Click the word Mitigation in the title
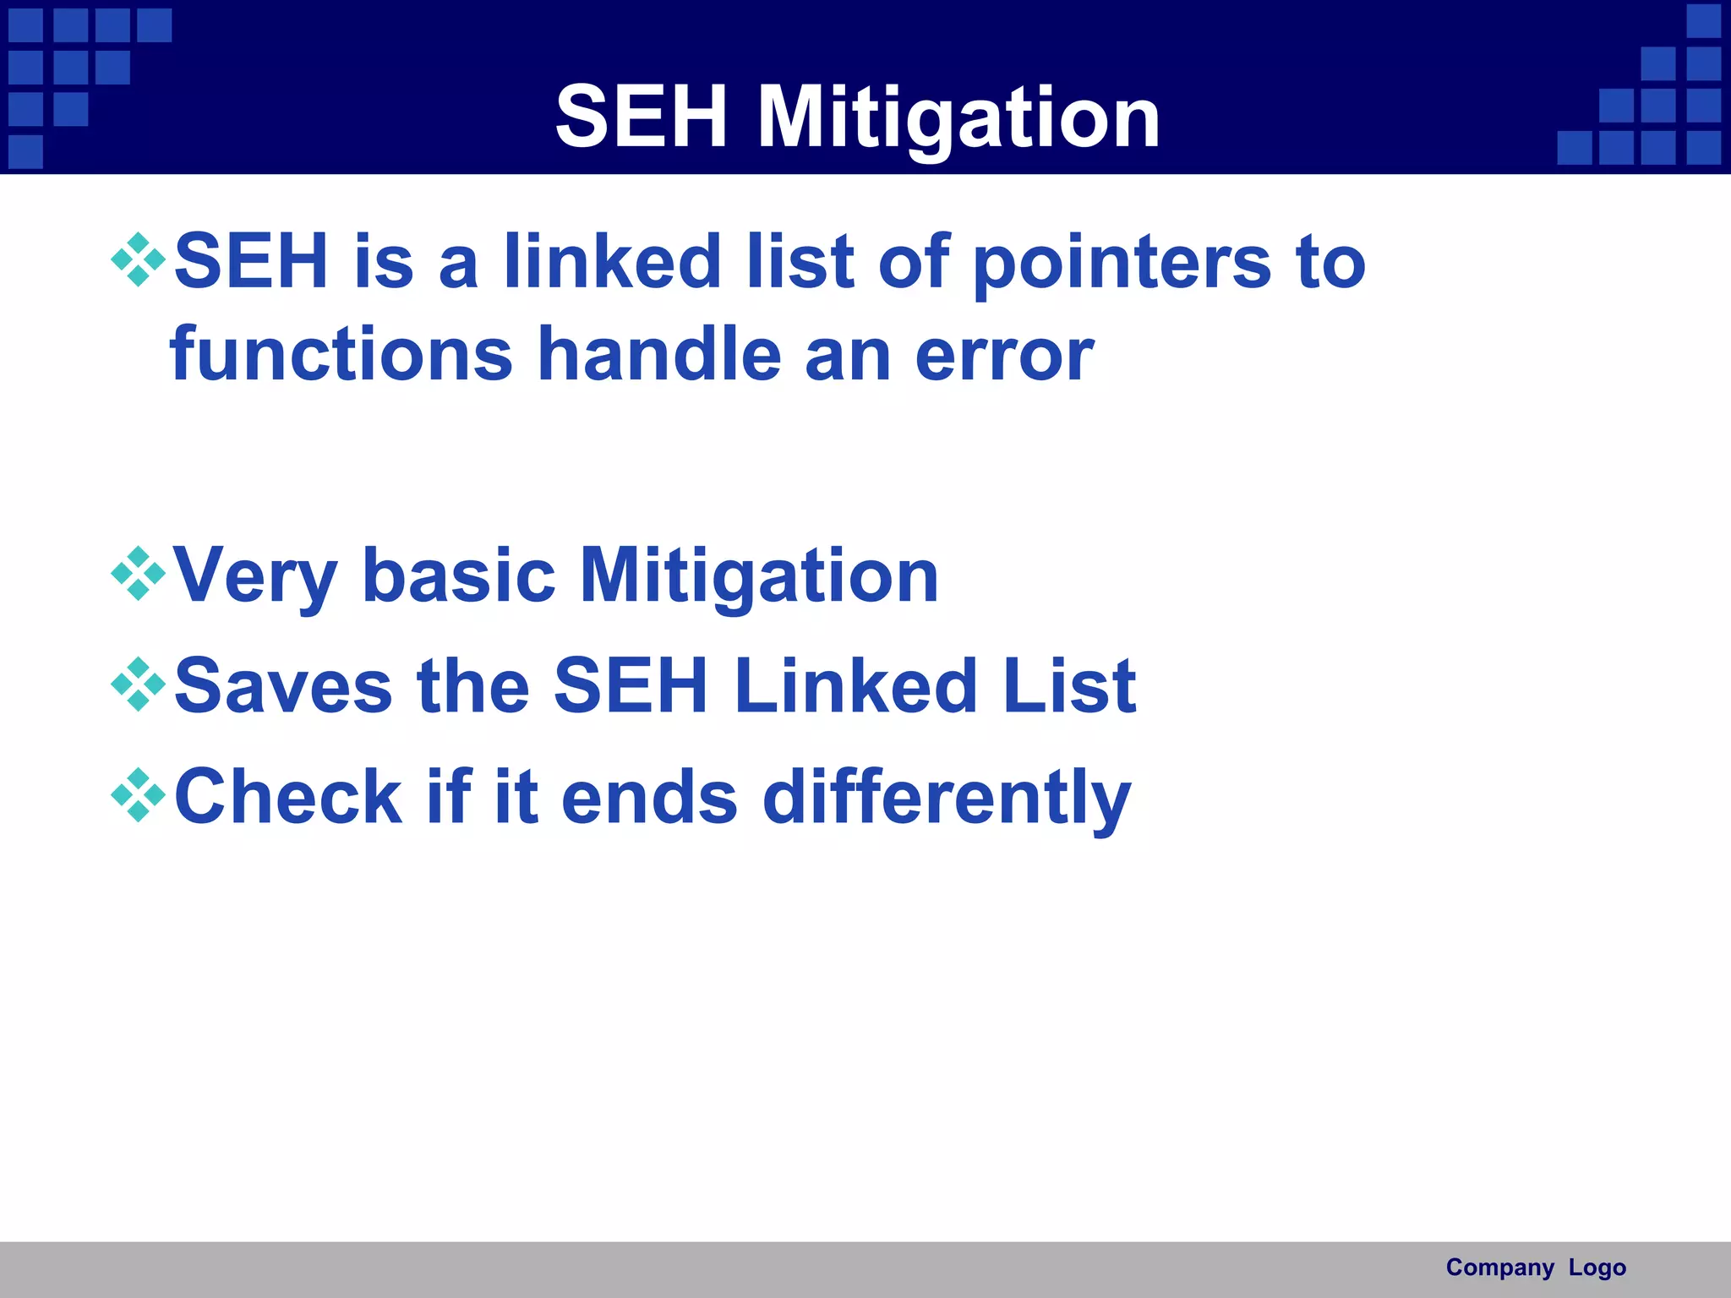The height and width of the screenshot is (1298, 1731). coord(958,118)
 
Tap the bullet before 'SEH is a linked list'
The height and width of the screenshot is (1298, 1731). coord(138,260)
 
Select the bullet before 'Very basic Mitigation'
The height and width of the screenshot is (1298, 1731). coord(138,574)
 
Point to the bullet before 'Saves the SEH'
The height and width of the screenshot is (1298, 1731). coord(138,684)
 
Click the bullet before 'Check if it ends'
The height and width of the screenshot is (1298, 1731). coord(138,795)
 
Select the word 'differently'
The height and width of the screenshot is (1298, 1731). coord(946,798)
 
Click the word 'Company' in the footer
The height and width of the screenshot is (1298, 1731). coord(1499,1268)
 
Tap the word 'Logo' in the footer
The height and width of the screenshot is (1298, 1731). coord(1597,1268)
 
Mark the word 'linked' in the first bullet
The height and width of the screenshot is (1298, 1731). coord(612,261)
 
